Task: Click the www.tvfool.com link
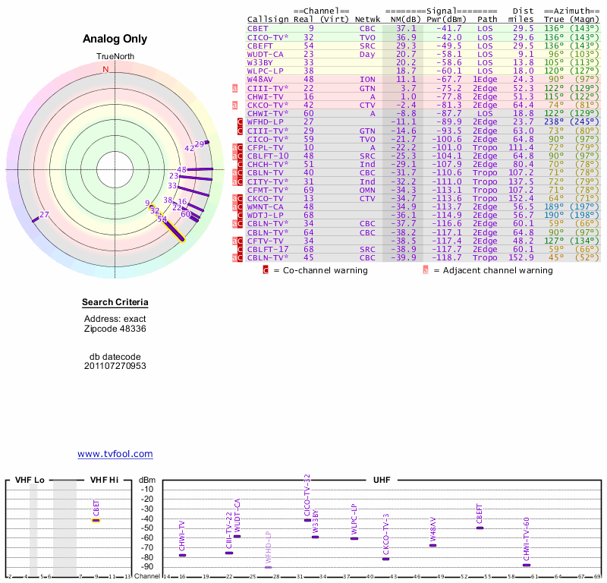click(x=115, y=454)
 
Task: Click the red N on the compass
click(x=105, y=69)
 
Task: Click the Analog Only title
click(x=115, y=39)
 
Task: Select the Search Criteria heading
click(x=115, y=303)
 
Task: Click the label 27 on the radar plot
click(x=44, y=215)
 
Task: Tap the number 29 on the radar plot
click(x=200, y=143)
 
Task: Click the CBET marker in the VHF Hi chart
click(x=96, y=520)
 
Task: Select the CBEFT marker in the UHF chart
click(x=480, y=528)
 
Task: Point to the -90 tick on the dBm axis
click(x=147, y=566)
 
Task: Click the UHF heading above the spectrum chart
click(x=382, y=480)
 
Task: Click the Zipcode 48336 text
click(x=115, y=329)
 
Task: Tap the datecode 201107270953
click(x=115, y=366)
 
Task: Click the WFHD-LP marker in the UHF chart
click(x=268, y=566)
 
